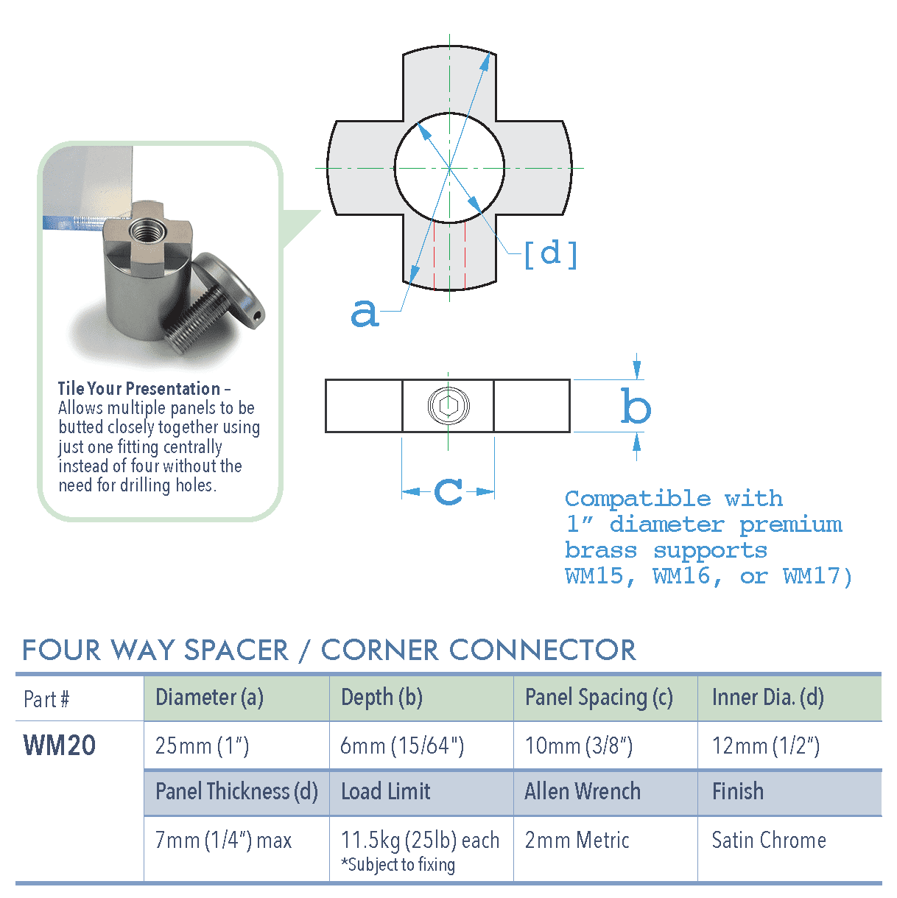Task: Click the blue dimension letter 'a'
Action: [x=365, y=313]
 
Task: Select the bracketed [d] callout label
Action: [x=550, y=254]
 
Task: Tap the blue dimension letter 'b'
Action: [x=636, y=407]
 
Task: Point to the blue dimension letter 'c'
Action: [x=448, y=491]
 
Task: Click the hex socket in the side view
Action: [x=448, y=405]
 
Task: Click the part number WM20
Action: [x=60, y=746]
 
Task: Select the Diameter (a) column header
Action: [x=209, y=697]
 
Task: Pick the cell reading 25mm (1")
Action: [x=202, y=746]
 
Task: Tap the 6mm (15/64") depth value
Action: [x=401, y=746]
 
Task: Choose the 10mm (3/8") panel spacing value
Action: [x=578, y=746]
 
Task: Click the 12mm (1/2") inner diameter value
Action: [x=765, y=746]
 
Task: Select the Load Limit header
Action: [x=385, y=792]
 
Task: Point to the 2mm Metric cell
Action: [x=577, y=841]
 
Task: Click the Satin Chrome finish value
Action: [x=768, y=841]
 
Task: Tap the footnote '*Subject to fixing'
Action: [x=398, y=865]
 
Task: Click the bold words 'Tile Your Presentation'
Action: [x=139, y=388]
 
